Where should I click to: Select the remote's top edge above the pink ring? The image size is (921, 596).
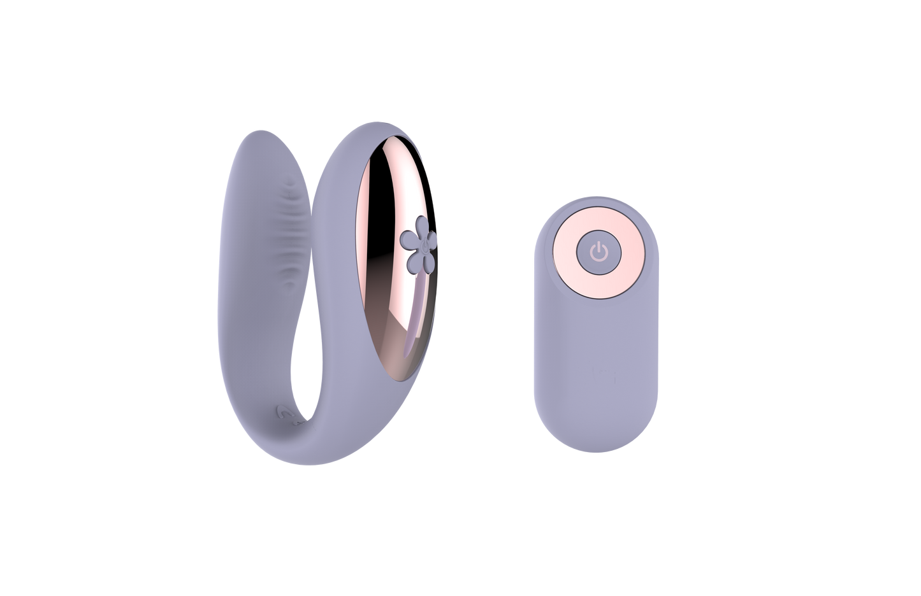click(x=597, y=208)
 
